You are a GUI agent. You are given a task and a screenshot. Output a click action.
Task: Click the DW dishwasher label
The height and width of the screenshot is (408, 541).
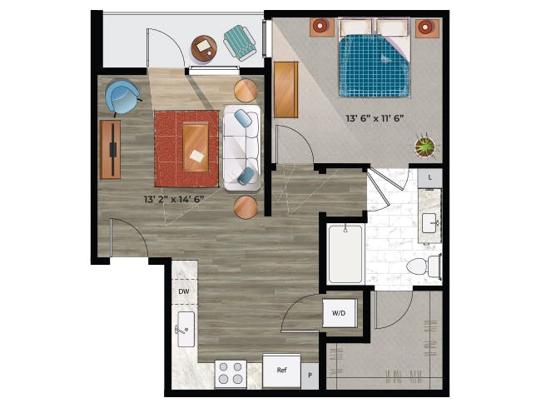pos(184,291)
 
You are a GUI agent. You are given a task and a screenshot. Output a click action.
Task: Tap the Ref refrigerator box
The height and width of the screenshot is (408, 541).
pos(281,371)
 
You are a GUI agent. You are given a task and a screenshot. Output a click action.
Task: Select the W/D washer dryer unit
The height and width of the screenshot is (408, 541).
pos(339,313)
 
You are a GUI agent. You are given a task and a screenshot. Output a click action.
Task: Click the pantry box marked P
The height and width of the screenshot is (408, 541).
pos(310,376)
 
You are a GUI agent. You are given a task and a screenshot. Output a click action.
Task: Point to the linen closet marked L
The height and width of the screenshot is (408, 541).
pos(430,177)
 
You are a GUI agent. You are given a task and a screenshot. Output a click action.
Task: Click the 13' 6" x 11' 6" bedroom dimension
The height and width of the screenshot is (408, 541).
pos(375,118)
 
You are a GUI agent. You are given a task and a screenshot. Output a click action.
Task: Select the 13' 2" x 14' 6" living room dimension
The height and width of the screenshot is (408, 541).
pos(174,199)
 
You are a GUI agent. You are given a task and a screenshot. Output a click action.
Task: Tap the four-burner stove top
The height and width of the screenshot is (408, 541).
pos(231,374)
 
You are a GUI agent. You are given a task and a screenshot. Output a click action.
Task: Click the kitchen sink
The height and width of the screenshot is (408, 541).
pos(186,329)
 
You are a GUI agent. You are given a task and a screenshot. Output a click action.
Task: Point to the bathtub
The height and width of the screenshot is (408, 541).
pos(345,254)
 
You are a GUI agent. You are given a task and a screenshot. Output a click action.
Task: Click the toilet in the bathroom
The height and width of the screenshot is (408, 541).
pos(424,266)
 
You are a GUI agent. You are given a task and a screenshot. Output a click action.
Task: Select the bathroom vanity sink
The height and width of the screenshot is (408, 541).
pos(429,223)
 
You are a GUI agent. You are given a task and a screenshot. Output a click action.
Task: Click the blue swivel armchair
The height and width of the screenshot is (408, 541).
pos(122,97)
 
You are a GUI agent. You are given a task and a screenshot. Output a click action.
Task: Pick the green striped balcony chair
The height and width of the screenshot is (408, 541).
pos(241,42)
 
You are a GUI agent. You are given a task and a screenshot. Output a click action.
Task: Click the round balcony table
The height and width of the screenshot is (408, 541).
pos(204,48)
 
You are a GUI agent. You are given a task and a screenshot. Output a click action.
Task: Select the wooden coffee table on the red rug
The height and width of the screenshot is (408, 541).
pos(196,147)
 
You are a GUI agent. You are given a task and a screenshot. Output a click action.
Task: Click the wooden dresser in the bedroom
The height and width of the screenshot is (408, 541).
pos(285,90)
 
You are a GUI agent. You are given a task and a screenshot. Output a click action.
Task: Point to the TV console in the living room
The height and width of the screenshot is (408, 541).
pos(111,150)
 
